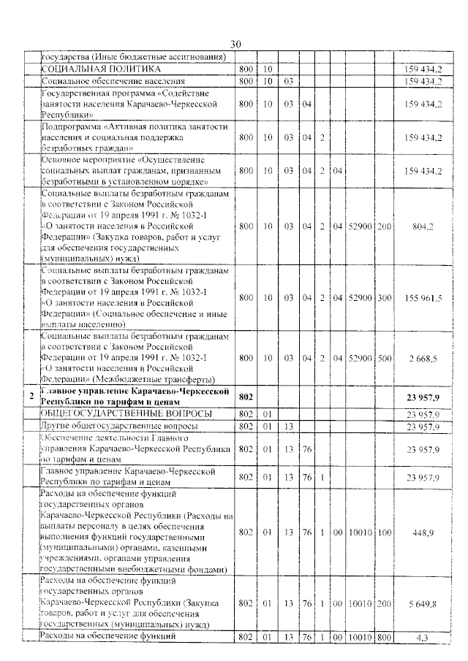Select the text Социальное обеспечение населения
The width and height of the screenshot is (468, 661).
tap(112, 80)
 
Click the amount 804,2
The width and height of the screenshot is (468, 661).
tap(423, 226)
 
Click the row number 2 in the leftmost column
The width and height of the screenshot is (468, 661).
tap(30, 396)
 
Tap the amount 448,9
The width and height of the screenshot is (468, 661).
tap(423, 532)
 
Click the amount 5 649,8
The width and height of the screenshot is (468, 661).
tap(423, 604)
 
